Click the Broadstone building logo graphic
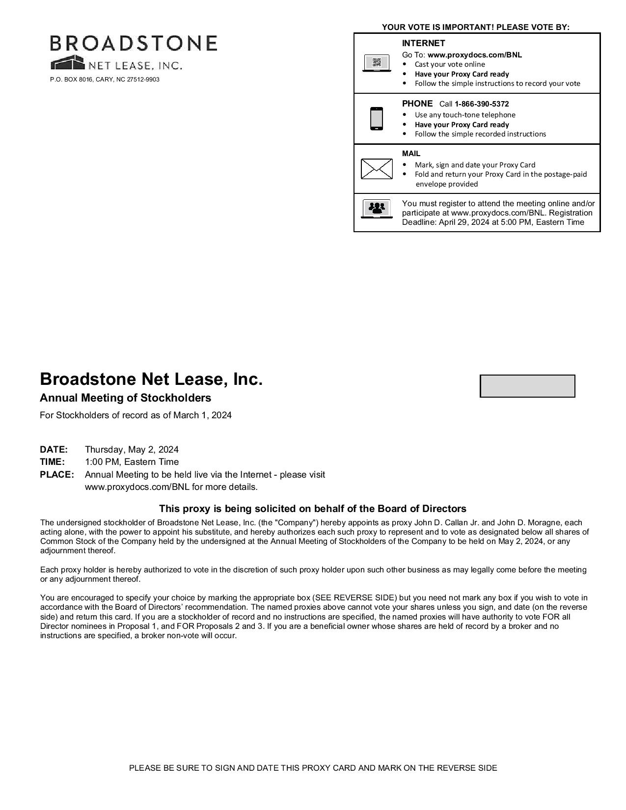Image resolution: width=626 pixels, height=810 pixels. [67, 63]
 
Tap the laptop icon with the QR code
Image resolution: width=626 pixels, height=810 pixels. [377, 63]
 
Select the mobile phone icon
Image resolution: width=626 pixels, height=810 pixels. [377, 118]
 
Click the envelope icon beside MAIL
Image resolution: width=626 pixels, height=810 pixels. [377, 169]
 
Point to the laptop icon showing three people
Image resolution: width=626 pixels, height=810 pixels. [377, 209]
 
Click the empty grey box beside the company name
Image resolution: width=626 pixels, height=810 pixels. [527, 386]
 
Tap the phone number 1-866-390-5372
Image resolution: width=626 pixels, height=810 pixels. [482, 104]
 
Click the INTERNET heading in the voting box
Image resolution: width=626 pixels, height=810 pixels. [423, 43]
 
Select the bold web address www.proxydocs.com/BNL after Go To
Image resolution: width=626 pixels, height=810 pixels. [474, 55]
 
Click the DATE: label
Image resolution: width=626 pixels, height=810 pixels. [54, 450]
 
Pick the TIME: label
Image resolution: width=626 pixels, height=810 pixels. [52, 462]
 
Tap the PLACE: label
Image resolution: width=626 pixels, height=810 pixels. [56, 475]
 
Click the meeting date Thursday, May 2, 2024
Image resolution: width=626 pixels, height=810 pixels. [132, 450]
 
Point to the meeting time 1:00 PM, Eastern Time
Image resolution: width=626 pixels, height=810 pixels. [132, 462]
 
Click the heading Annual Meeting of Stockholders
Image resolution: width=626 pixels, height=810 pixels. [125, 398]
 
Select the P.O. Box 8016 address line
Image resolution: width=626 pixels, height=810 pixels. [105, 80]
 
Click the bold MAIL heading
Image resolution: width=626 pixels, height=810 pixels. [411, 154]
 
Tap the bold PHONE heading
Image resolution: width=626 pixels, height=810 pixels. [417, 104]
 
